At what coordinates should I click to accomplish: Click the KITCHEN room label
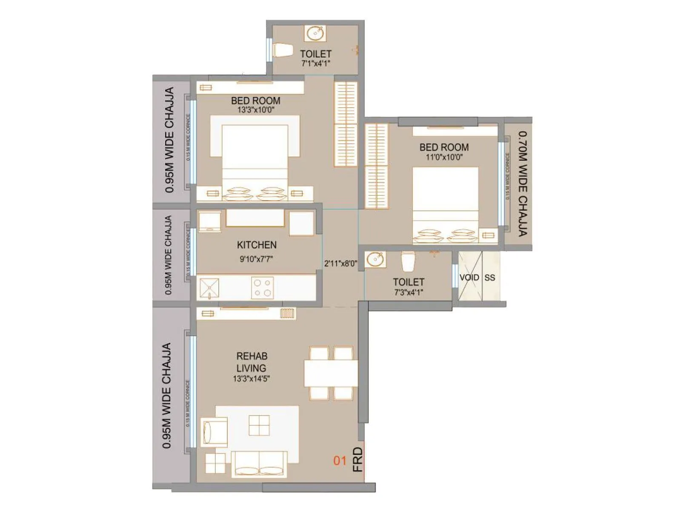point(257,245)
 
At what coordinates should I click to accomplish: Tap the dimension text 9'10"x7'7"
point(256,259)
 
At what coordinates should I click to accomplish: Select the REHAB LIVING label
point(252,362)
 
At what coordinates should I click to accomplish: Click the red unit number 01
point(340,460)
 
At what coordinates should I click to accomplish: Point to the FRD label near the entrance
point(358,459)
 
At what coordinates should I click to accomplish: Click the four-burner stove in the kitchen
point(262,287)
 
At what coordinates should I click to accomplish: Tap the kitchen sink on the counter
point(209,288)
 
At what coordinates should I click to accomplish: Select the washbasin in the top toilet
point(315,33)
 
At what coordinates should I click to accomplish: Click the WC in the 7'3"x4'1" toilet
point(408,261)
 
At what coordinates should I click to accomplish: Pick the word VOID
point(469,278)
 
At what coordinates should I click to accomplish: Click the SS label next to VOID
point(489,278)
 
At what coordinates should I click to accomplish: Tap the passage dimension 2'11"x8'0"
point(340,264)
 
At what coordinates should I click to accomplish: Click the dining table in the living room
point(331,373)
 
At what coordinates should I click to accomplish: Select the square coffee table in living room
point(259,425)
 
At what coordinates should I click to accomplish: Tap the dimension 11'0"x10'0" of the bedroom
point(444,157)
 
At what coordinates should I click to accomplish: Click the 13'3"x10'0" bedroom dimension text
point(255,110)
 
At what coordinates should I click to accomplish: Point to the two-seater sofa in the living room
point(259,464)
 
